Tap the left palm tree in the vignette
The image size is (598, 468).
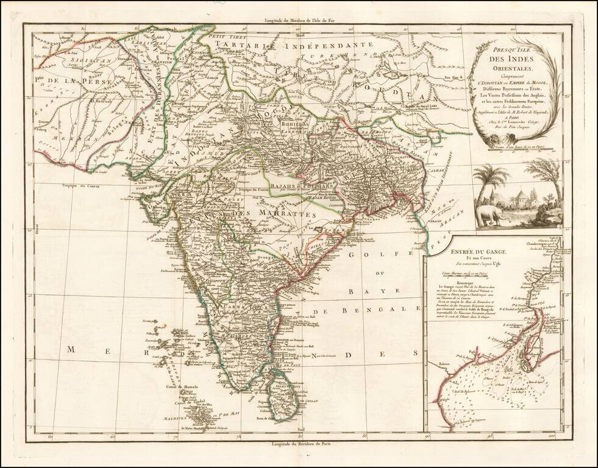[x=491, y=177]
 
